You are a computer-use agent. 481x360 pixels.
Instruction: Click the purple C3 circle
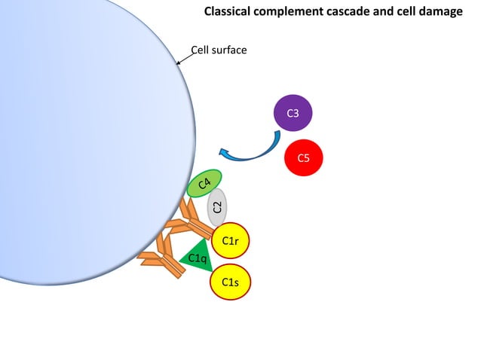293,113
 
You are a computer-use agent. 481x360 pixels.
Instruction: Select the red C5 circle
304,158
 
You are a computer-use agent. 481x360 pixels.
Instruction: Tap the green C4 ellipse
204,183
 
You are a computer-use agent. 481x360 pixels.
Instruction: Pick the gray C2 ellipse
218,207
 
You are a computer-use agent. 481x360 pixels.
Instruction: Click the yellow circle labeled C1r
231,241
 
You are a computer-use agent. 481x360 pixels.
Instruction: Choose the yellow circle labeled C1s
231,282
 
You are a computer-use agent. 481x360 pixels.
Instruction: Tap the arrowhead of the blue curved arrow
225,151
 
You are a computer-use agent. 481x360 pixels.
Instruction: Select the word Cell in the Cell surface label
201,50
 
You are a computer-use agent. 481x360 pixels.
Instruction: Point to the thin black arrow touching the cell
184,58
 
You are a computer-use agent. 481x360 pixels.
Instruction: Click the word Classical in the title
229,12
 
